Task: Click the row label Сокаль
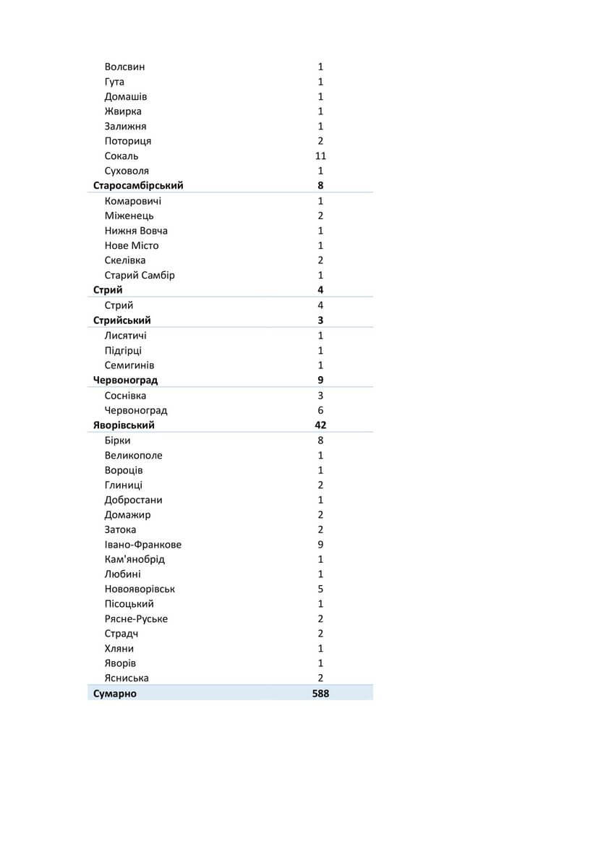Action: coord(121,156)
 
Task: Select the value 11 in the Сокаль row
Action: coord(320,156)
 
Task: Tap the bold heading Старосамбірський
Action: coord(138,186)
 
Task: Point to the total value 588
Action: coord(320,694)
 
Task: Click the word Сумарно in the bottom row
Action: coord(115,694)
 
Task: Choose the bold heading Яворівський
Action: coord(124,425)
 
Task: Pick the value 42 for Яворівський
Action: coord(320,425)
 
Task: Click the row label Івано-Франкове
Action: coord(142,545)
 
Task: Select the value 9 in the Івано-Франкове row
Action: coord(320,545)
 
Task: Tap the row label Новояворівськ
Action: coord(140,589)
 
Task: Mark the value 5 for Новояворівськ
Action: coord(320,589)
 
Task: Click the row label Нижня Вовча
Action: coord(136,231)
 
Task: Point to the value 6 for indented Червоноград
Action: coord(320,410)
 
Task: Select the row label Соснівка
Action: coord(125,396)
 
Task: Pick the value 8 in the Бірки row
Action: coord(320,441)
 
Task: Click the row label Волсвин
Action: coord(124,67)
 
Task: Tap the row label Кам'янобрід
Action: coord(135,559)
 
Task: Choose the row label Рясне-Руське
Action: coord(136,618)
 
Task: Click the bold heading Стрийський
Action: coord(122,320)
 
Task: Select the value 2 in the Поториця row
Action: coord(320,141)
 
